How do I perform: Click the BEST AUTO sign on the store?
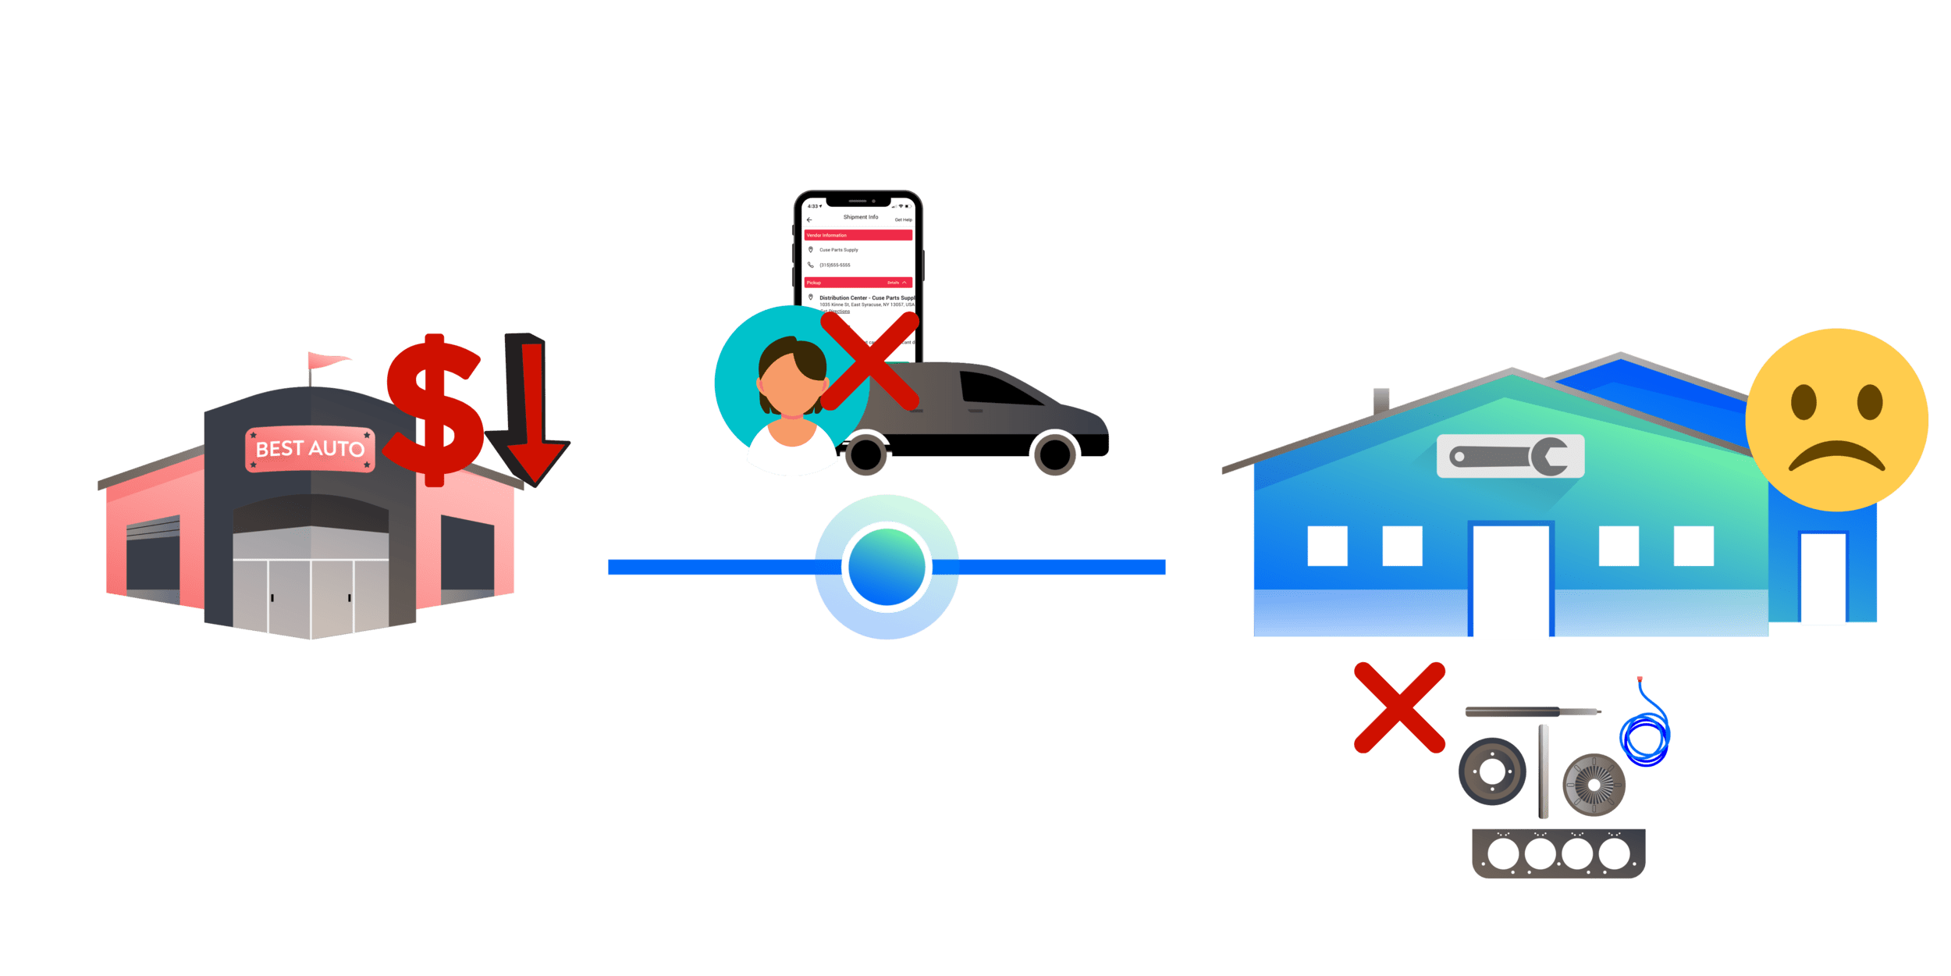tap(310, 449)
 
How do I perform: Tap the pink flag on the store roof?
tap(326, 361)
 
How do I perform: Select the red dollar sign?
tap(434, 409)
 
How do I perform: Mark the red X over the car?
tap(869, 360)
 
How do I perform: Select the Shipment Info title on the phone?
tap(860, 217)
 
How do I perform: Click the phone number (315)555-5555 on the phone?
tap(834, 265)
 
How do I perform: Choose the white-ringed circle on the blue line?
tap(886, 567)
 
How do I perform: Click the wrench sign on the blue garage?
tap(1510, 456)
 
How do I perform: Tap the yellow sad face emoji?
tap(1836, 420)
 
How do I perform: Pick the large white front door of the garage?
tap(1510, 582)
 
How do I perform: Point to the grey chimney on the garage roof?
tap(1381, 399)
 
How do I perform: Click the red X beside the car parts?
tap(1399, 707)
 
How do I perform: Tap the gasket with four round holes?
tap(1558, 853)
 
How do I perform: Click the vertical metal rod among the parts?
tap(1543, 771)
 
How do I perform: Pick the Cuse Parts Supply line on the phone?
tap(838, 250)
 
